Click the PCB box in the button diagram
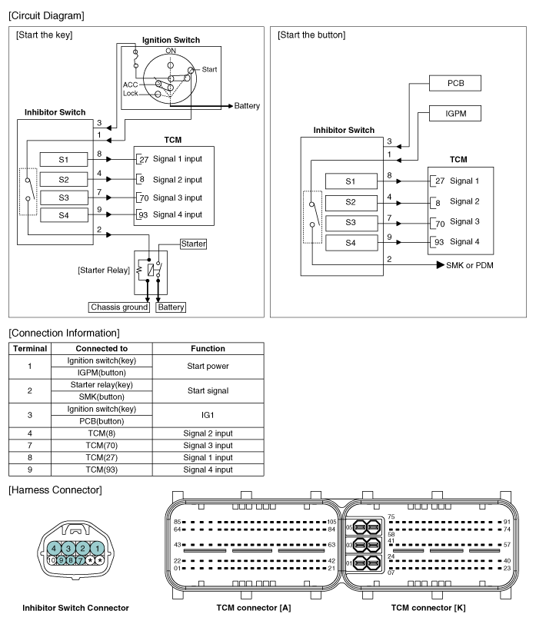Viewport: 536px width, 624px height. click(454, 82)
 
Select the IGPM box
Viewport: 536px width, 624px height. click(454, 114)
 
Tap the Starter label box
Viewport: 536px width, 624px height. click(192, 244)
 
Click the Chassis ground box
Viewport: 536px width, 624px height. click(119, 307)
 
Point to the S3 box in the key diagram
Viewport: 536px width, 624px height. click(64, 197)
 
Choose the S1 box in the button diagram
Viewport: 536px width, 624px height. click(350, 181)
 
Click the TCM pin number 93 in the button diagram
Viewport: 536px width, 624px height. click(440, 242)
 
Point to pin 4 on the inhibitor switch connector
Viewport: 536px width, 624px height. click(56, 548)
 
